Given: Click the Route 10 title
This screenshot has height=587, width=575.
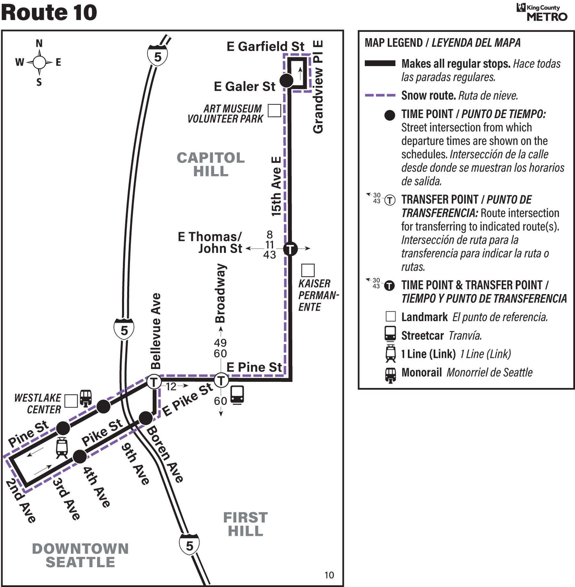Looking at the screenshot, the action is tap(49, 12).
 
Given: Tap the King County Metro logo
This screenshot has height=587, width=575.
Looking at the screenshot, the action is tap(542, 12).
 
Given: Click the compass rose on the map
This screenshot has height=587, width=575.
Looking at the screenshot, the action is tap(39, 62).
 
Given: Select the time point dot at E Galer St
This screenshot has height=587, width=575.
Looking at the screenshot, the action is tap(287, 81).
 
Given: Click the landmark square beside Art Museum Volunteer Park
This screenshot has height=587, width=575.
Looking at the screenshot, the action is tap(274, 111).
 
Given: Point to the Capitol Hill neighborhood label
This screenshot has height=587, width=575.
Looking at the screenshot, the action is tap(211, 164).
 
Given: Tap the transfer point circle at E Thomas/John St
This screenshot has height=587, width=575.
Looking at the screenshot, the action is tap(290, 249).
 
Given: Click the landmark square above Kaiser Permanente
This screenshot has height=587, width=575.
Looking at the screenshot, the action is tap(308, 270).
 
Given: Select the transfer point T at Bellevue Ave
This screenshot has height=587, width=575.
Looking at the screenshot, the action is tap(154, 382).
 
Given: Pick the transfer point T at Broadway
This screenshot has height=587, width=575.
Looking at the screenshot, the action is tap(221, 380).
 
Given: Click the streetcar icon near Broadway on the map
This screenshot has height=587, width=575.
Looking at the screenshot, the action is tap(237, 395).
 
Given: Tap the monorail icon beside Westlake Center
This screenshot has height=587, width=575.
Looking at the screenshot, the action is tap(86, 398).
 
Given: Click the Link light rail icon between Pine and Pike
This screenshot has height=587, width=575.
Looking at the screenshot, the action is tap(62, 448).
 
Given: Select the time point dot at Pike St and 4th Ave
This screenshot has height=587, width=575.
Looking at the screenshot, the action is tap(80, 457).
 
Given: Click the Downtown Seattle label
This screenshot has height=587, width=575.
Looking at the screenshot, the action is tap(80, 555).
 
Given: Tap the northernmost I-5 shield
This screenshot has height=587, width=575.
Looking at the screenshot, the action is tap(157, 55).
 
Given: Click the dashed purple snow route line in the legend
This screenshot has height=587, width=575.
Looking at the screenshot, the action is tap(380, 95).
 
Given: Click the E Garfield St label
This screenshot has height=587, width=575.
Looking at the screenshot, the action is tap(265, 47).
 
